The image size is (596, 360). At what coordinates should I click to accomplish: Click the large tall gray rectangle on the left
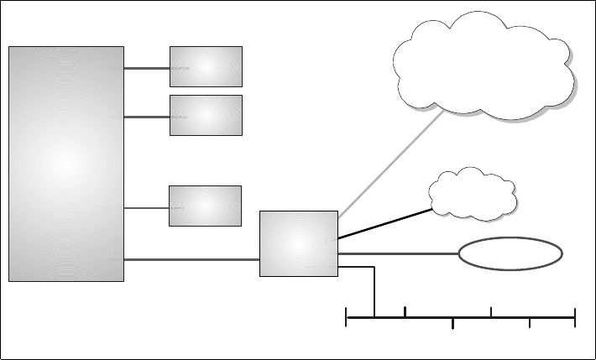tap(66, 164)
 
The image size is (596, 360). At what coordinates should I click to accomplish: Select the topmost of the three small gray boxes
tap(206, 66)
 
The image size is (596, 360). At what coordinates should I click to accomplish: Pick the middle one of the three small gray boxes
tap(206, 115)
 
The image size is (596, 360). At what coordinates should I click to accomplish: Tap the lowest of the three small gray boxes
tap(206, 206)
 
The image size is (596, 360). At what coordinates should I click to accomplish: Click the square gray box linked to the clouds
tap(299, 243)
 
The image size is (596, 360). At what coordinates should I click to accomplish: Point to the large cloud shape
tap(485, 67)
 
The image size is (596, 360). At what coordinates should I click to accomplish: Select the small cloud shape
tap(473, 195)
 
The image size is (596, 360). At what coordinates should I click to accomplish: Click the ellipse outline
tap(510, 253)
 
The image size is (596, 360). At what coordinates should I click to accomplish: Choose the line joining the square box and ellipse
tap(398, 253)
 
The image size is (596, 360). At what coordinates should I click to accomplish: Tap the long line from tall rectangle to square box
tap(191, 259)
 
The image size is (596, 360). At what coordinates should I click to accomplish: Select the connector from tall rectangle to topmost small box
tap(147, 67)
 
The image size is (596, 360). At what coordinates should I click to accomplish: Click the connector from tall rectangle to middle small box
tap(147, 116)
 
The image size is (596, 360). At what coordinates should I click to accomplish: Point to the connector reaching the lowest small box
tap(147, 207)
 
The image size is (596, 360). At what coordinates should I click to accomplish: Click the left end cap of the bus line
tap(347, 318)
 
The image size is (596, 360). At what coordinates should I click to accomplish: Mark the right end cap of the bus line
tap(575, 318)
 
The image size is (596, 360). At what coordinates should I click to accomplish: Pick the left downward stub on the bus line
tap(452, 324)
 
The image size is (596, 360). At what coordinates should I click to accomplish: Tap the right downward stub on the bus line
tap(530, 324)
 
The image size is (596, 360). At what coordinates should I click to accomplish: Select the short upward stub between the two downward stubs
tap(491, 313)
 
